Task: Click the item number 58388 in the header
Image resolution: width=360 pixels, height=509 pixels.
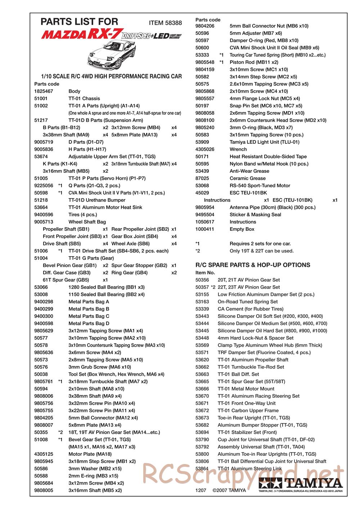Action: [174, 23]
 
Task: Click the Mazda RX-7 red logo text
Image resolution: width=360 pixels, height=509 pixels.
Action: [82, 35]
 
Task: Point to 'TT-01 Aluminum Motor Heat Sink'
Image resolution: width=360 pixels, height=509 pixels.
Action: [105, 207]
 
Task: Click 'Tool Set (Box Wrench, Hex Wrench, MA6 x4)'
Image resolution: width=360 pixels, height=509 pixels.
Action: [116, 374]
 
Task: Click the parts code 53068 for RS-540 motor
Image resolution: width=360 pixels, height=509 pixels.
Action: [202, 186]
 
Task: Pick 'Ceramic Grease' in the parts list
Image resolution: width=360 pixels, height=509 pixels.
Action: [247, 179]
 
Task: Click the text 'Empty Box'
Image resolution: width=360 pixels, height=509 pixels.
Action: [242, 229]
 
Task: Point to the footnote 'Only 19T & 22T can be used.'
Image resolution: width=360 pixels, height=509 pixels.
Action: [261, 251]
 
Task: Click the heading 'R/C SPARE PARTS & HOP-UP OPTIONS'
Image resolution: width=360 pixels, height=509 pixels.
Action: [253, 265]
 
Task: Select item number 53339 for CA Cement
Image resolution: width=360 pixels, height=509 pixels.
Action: [202, 309]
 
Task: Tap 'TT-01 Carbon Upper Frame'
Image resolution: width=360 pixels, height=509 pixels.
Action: [248, 411]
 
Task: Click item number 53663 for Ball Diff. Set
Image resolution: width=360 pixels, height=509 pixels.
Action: [202, 374]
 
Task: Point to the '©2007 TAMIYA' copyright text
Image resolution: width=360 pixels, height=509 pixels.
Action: [229, 490]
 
